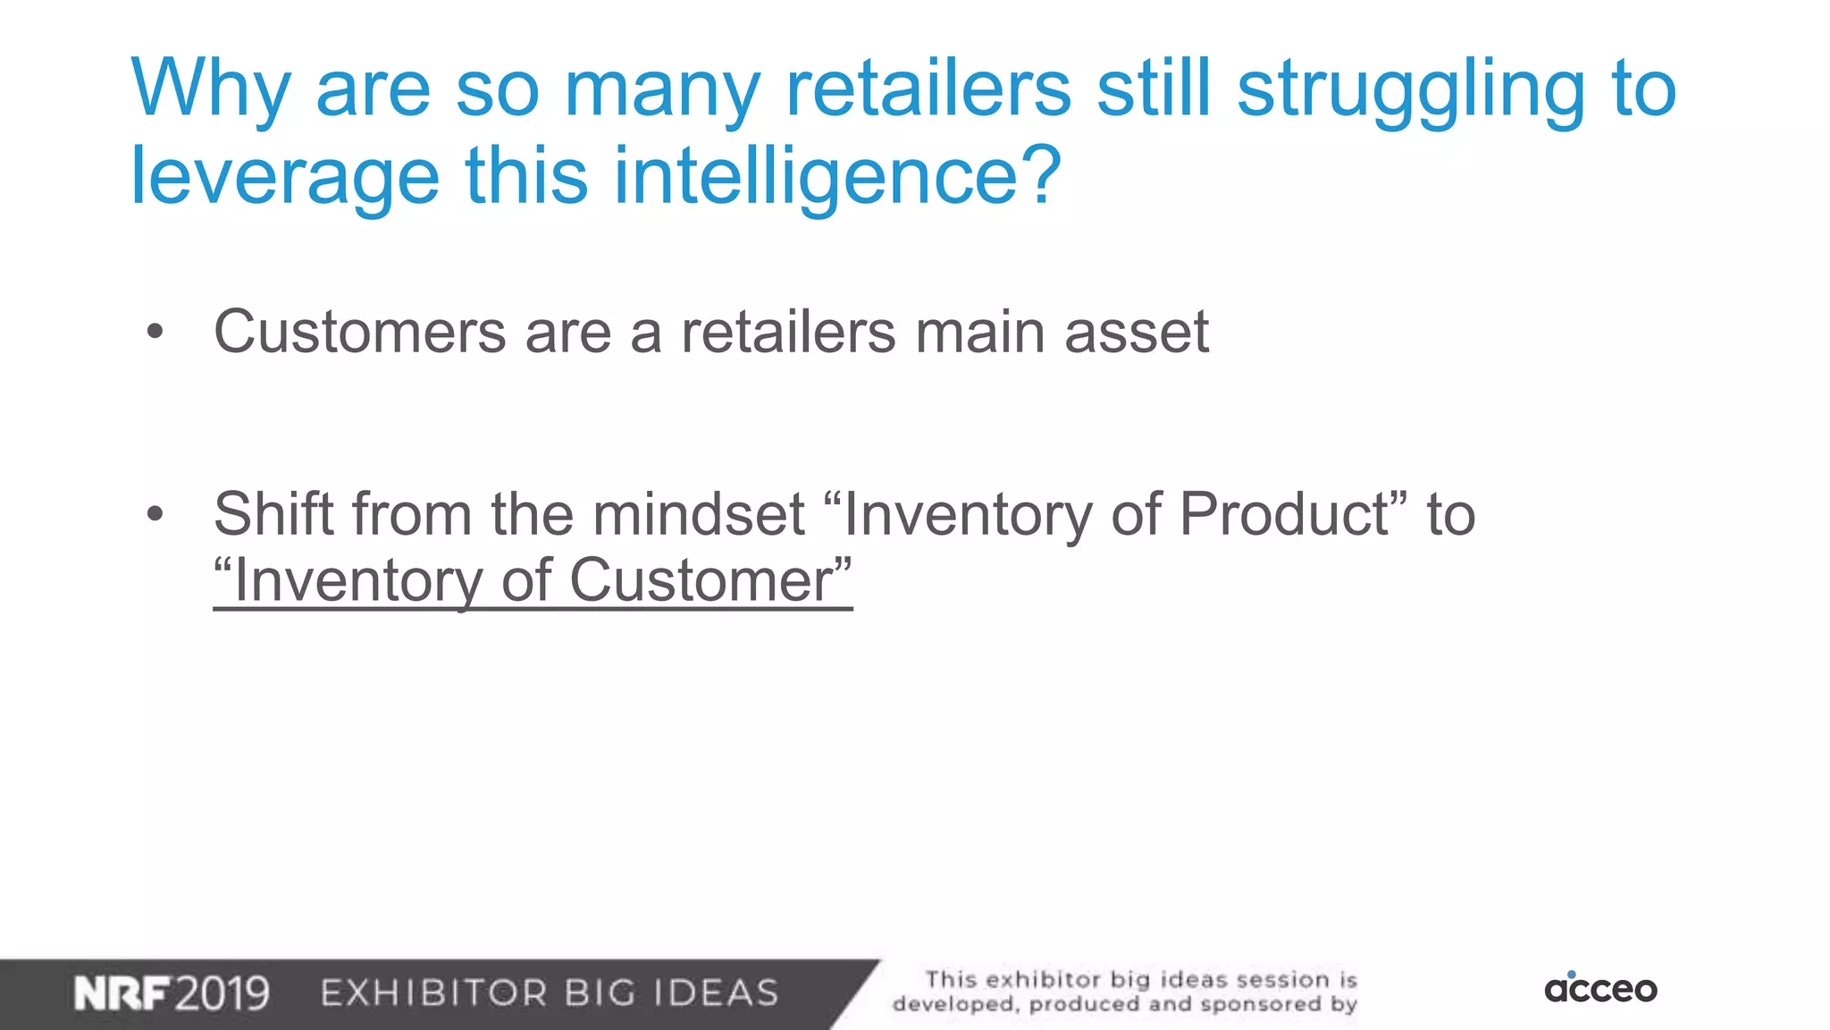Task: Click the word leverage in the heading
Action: click(285, 177)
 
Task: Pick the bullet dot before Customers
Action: click(155, 332)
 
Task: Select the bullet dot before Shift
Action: click(155, 514)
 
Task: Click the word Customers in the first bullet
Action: click(360, 332)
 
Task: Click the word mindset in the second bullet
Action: click(699, 514)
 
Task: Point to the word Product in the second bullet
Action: click(1284, 514)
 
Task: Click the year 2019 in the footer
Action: click(222, 993)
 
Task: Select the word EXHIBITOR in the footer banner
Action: click(434, 993)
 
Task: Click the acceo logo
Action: click(1600, 988)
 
